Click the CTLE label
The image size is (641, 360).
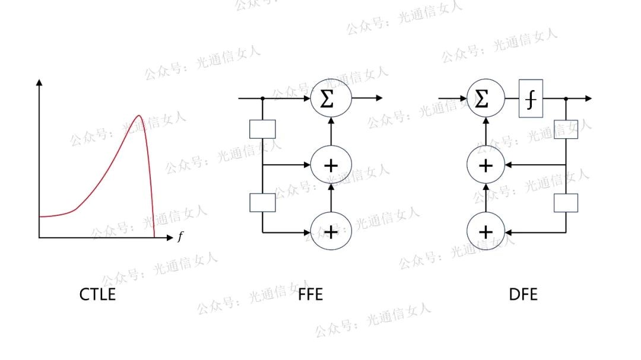(x=97, y=294)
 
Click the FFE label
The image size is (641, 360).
(x=311, y=294)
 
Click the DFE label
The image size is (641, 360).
(x=523, y=294)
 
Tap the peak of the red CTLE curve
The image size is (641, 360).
(x=139, y=116)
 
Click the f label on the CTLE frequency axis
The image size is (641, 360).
(x=180, y=237)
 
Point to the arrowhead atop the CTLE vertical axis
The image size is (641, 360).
(x=39, y=82)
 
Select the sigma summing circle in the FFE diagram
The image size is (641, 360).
(x=331, y=98)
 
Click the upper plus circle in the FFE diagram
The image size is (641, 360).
(x=331, y=164)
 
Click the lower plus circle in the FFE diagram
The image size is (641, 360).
(x=331, y=231)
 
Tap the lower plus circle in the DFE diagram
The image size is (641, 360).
(x=485, y=231)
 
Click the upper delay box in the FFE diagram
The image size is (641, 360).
(x=262, y=129)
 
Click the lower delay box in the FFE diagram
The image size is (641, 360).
(x=262, y=202)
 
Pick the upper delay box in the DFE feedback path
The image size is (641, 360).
(x=566, y=129)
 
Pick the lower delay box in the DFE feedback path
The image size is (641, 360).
(x=566, y=202)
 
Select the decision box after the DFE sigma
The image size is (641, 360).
(x=531, y=98)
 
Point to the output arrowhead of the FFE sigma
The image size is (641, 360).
(x=379, y=98)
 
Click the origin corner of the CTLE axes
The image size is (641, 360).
(x=39, y=237)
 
